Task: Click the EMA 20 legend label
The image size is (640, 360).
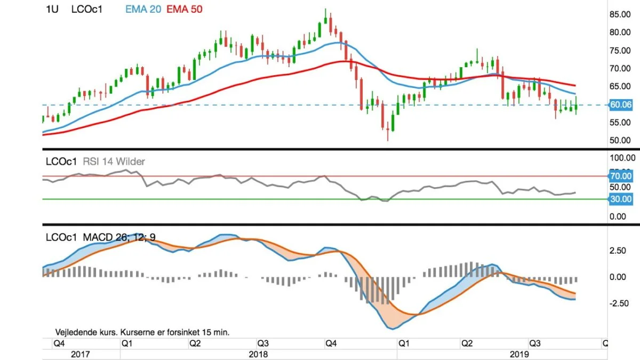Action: (143, 10)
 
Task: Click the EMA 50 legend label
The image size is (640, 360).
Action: (185, 10)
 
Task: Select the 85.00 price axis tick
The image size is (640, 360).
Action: (620, 14)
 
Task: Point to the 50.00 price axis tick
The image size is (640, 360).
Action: (620, 140)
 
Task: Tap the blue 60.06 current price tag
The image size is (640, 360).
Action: (620, 105)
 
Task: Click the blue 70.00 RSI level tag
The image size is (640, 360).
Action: (620, 176)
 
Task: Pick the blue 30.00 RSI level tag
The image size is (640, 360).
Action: (620, 199)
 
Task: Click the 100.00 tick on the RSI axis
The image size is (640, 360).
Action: (622, 158)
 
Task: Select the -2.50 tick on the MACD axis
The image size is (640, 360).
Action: (619, 303)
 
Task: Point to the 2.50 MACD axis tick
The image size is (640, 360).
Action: (618, 251)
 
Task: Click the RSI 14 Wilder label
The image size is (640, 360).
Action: (114, 162)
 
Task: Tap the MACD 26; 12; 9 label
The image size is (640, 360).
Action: (119, 237)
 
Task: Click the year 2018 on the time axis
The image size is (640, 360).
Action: (258, 354)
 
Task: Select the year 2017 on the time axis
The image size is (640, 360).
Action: (81, 354)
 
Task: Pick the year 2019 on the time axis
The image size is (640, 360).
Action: (519, 354)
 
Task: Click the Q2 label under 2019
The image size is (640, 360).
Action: (467, 343)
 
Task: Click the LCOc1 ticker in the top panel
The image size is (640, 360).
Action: (87, 10)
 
